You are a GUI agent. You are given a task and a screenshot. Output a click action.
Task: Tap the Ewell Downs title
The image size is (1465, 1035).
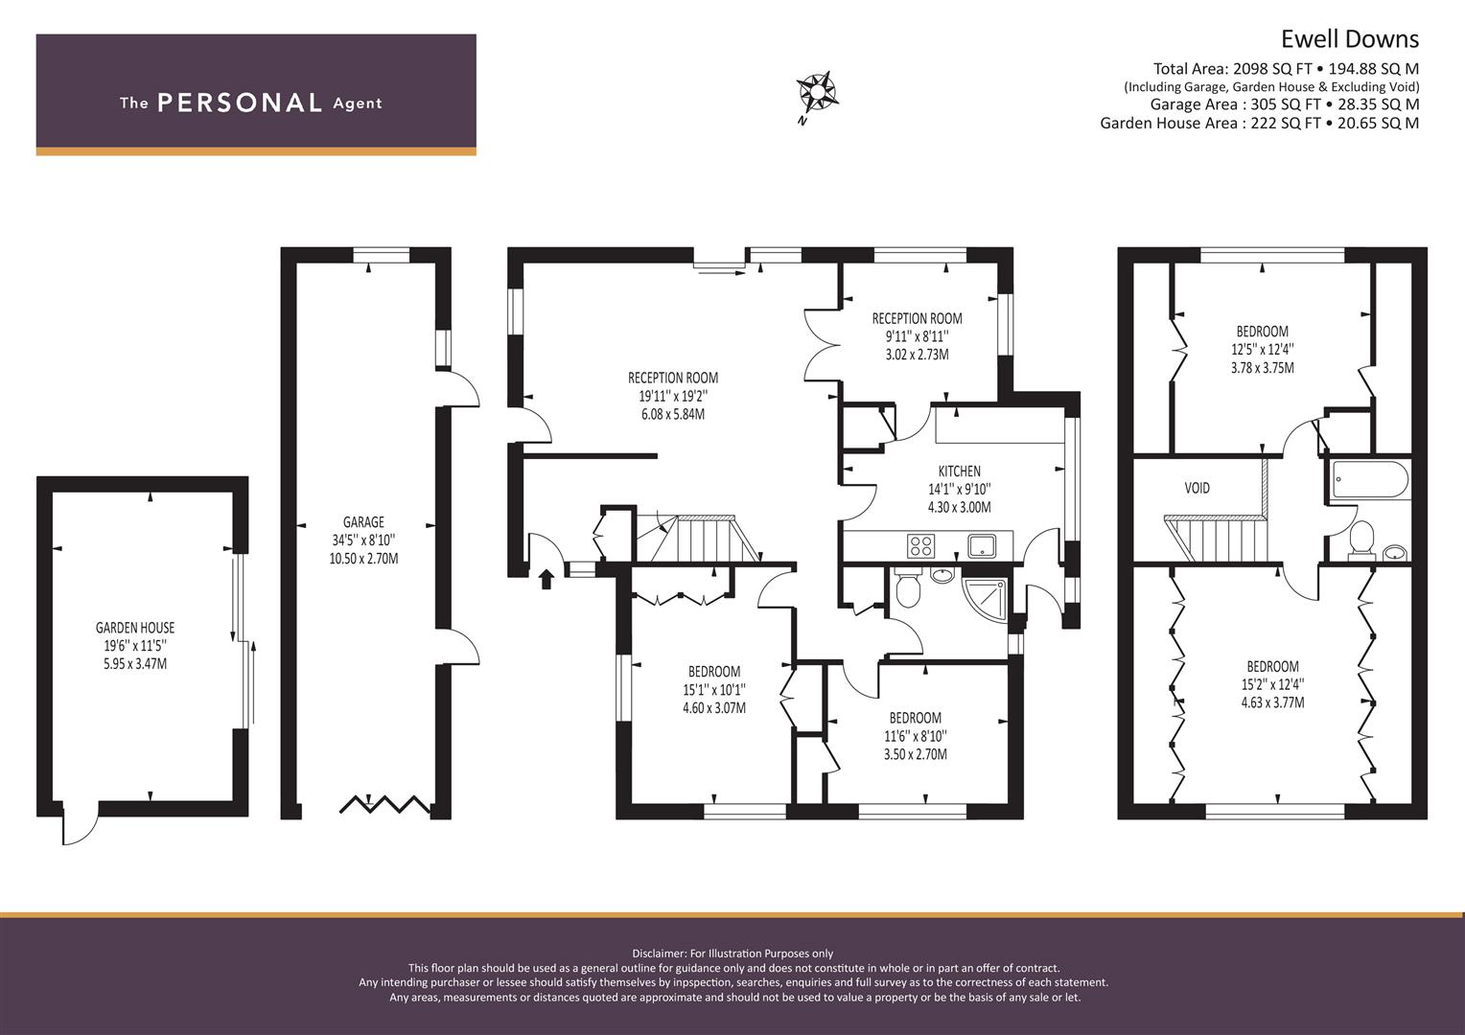tap(1349, 40)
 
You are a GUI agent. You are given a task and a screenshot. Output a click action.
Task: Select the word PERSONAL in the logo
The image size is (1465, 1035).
tap(240, 103)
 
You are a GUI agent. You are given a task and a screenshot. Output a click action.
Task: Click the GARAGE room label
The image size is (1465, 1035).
tap(363, 521)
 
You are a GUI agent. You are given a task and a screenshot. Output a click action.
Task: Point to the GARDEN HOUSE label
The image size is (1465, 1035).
tap(135, 628)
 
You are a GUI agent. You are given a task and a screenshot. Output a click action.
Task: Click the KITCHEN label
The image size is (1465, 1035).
tap(960, 471)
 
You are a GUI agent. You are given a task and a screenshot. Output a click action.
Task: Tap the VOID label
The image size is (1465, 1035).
tap(1197, 488)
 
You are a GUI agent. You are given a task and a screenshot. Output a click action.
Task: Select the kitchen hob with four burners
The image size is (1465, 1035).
tap(920, 545)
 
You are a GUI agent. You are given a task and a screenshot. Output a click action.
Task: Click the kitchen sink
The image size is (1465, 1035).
tap(982, 545)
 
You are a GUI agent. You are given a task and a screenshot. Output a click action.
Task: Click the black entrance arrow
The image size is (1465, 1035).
tap(546, 579)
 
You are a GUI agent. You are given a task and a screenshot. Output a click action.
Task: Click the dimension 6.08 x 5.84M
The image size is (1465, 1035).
tap(673, 414)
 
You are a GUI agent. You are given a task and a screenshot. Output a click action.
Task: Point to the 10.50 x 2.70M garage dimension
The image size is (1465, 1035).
tap(363, 559)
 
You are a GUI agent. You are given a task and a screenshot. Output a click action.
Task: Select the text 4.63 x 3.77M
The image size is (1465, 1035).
tap(1272, 702)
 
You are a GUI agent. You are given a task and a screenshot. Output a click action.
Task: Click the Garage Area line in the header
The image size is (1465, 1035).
tap(1285, 103)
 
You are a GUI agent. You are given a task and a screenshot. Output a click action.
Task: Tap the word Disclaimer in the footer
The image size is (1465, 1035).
tap(660, 954)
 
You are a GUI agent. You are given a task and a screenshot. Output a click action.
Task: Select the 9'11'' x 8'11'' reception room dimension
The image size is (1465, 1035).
tap(917, 336)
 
